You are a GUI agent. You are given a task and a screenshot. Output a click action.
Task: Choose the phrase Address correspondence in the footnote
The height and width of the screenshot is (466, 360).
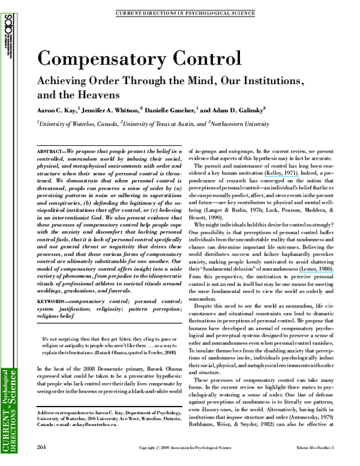click(61, 414)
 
